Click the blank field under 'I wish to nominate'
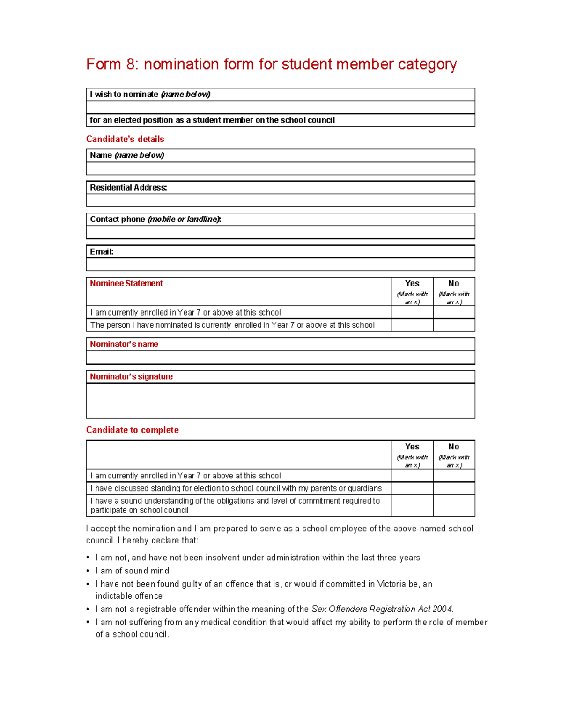pyautogui.click(x=280, y=107)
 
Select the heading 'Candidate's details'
pyautogui.click(x=125, y=139)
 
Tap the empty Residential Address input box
pyautogui.click(x=280, y=200)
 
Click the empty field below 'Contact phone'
pyautogui.click(x=280, y=232)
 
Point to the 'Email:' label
pyautogui.click(x=102, y=252)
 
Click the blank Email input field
pyautogui.click(x=280, y=264)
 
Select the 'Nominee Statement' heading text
pyautogui.click(x=126, y=284)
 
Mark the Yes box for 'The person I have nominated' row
pyautogui.click(x=412, y=325)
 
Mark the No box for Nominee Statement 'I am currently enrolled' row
pyautogui.click(x=454, y=312)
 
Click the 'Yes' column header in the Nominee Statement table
pyautogui.click(x=412, y=284)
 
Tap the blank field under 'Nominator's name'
pyautogui.click(x=280, y=358)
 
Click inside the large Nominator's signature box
pyautogui.click(x=280, y=401)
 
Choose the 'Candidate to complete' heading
pyautogui.click(x=132, y=430)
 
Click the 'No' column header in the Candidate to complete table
pyautogui.click(x=454, y=447)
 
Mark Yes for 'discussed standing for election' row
pyautogui.click(x=412, y=488)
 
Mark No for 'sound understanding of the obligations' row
pyautogui.click(x=454, y=506)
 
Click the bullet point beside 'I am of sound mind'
pyautogui.click(x=88, y=571)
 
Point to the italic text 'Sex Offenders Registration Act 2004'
pyautogui.click(x=382, y=610)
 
